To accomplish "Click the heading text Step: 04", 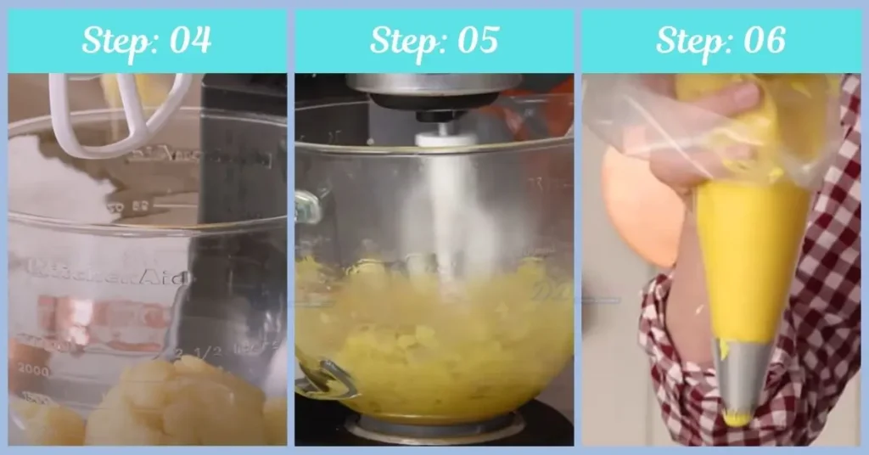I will coord(146,41).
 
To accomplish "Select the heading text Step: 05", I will coord(434,41).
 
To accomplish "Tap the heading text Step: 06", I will coord(720,41).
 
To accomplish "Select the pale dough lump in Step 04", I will coord(170,407).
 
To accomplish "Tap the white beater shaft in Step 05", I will coord(437,195).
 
